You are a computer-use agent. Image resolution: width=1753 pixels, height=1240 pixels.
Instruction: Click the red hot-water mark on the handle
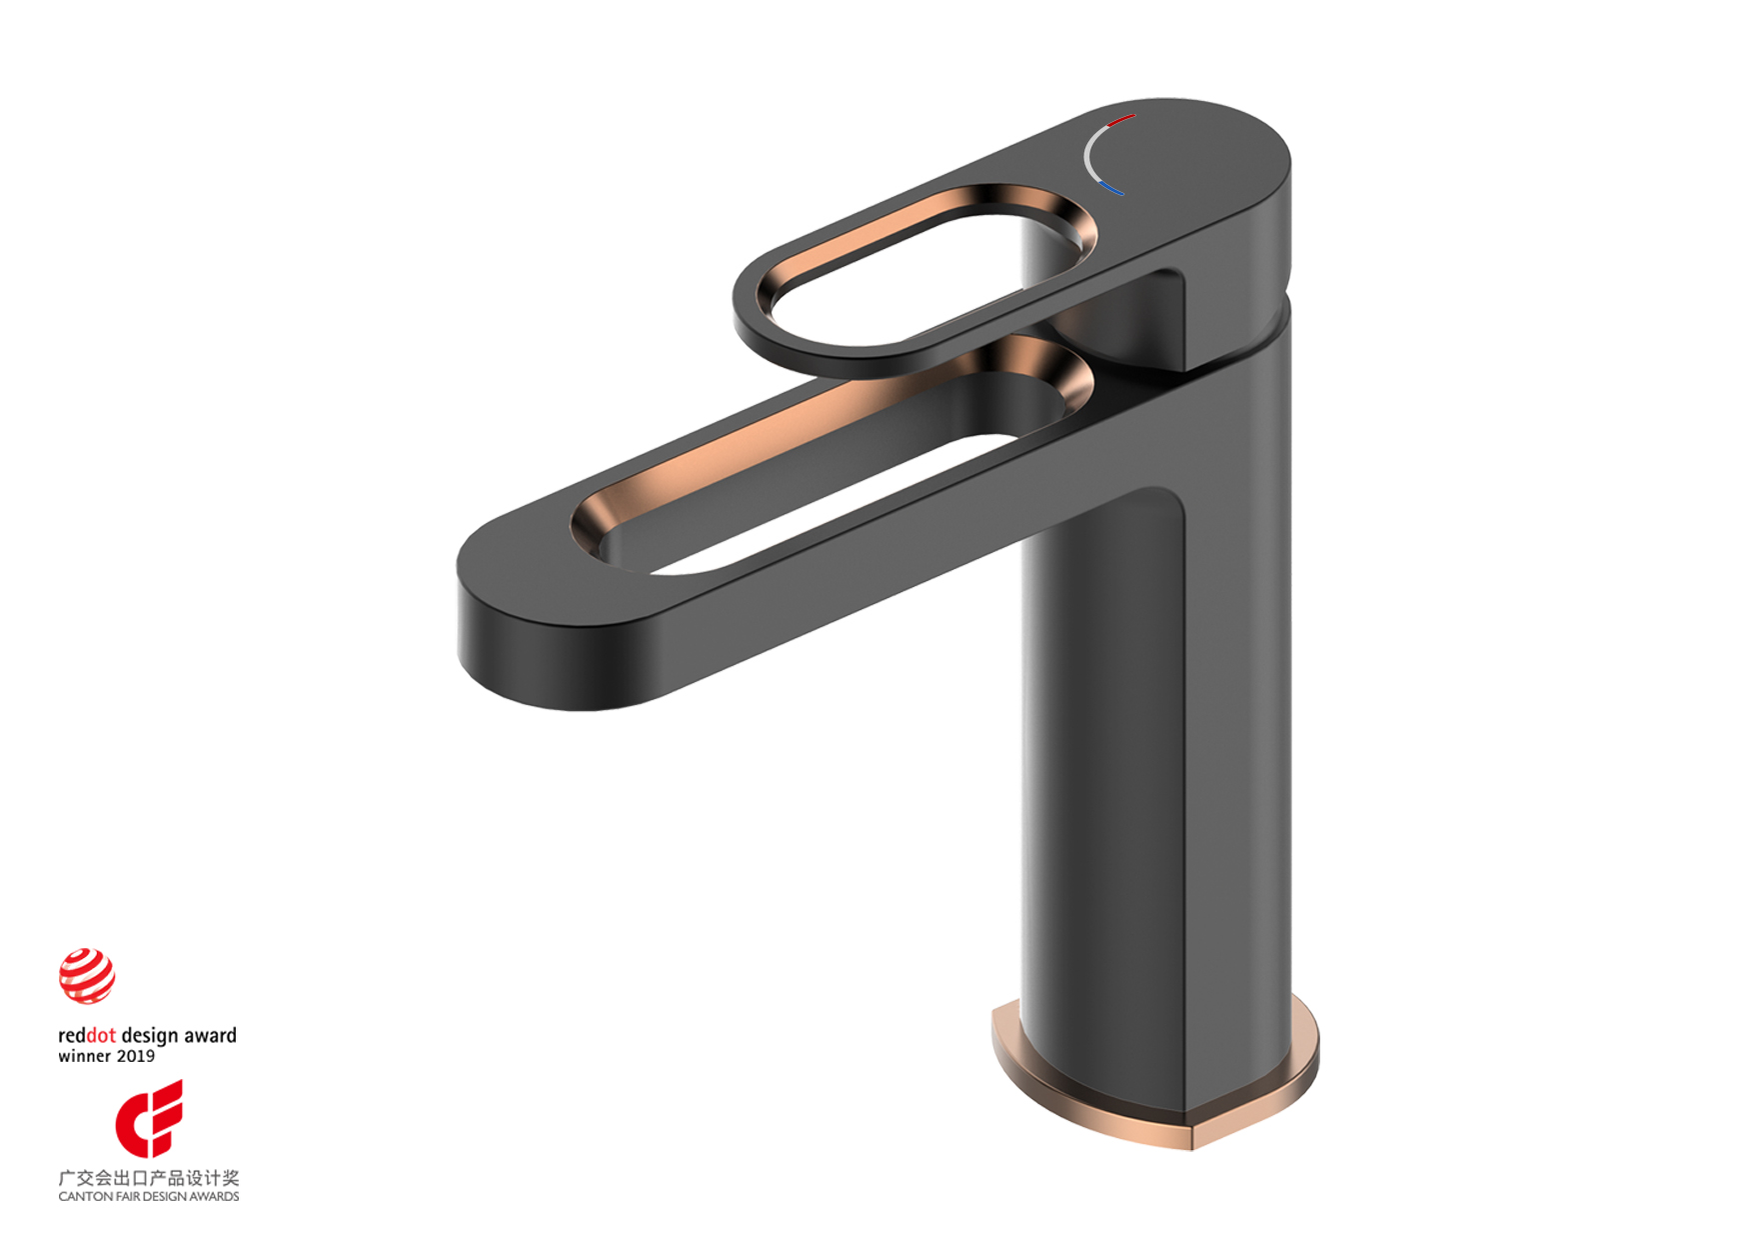click(x=1122, y=121)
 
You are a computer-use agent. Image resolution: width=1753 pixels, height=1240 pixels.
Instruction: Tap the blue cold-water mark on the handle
click(x=1110, y=188)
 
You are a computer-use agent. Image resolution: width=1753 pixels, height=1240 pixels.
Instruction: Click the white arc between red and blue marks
click(x=1088, y=155)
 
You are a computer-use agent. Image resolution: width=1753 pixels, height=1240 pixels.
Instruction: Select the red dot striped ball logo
click(x=87, y=976)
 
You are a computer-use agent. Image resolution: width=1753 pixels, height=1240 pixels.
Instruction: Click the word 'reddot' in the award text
click(x=87, y=1036)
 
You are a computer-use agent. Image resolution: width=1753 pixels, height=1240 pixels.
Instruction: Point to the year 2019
click(x=136, y=1057)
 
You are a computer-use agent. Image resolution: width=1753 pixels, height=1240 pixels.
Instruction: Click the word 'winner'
click(x=85, y=1057)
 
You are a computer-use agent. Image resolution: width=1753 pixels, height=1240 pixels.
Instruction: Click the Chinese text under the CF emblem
click(x=148, y=1178)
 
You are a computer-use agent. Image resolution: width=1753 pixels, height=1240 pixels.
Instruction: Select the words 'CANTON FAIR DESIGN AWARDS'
click(x=148, y=1196)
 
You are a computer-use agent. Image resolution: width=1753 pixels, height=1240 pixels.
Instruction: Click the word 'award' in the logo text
click(x=210, y=1036)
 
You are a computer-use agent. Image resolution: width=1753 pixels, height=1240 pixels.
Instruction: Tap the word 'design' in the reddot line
click(x=149, y=1036)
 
